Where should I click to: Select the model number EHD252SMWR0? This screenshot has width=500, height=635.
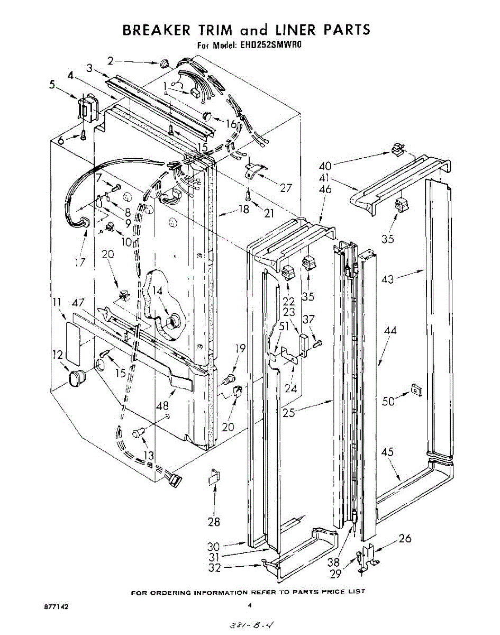tap(270, 46)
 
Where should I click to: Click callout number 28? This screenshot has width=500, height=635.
tap(214, 522)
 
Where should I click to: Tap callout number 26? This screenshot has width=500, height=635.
tap(405, 539)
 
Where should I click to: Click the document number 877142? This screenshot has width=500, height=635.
tap(57, 606)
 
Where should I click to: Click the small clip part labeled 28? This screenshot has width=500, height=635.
tap(213, 477)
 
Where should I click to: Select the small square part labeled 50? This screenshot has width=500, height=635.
tap(416, 391)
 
